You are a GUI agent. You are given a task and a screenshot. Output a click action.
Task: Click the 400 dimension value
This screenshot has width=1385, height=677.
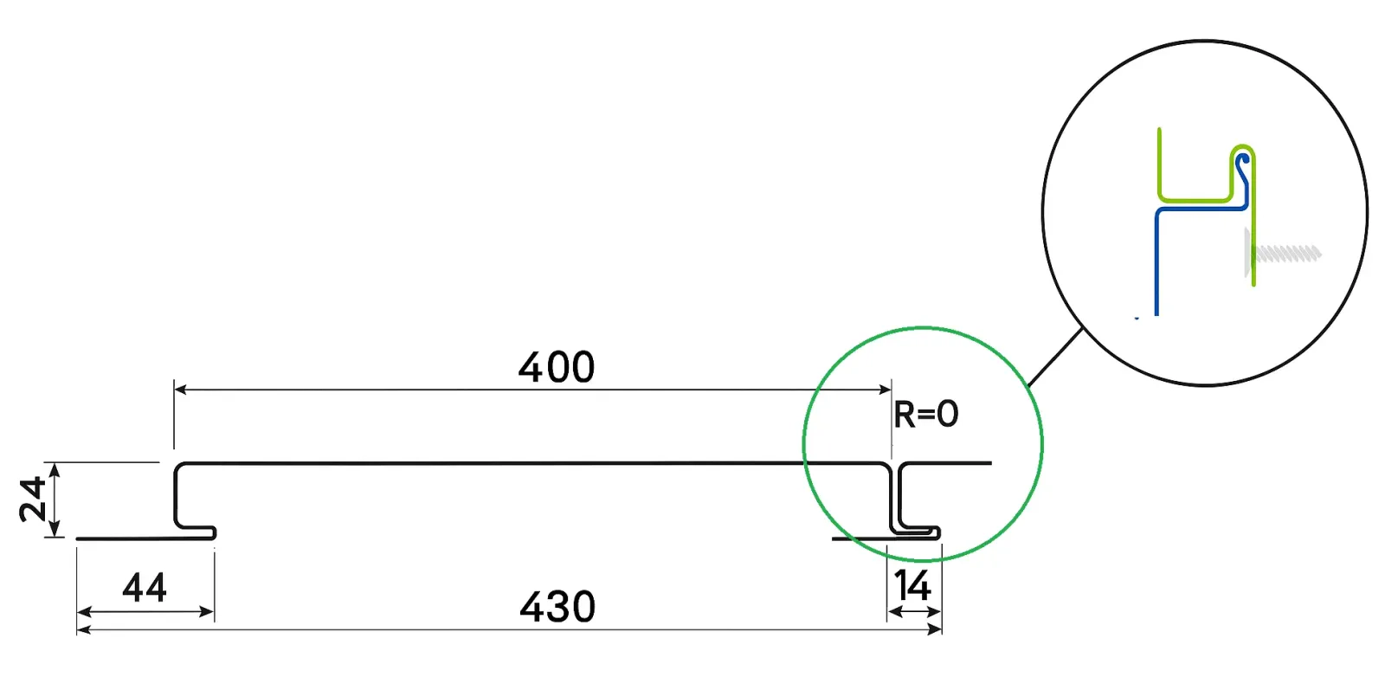[x=557, y=367]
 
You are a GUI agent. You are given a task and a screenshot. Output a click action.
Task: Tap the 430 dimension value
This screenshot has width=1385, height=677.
[x=557, y=607]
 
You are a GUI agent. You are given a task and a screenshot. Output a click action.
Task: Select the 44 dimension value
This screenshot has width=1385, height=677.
[x=145, y=587]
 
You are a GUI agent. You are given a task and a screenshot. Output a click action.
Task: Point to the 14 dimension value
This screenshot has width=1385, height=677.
[x=912, y=585]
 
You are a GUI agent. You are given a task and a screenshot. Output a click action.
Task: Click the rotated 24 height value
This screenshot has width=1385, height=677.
[x=33, y=500]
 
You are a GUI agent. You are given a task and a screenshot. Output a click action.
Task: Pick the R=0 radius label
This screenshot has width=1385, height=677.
[x=925, y=414]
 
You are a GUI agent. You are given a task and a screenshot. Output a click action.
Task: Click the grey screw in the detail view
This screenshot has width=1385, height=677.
[x=1283, y=253]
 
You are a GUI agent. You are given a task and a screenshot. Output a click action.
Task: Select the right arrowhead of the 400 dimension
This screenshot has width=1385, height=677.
[x=885, y=390]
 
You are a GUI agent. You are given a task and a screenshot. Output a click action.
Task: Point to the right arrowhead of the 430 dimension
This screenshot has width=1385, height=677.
[x=935, y=629]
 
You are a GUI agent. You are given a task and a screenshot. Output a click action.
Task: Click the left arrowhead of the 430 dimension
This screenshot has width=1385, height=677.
[x=83, y=629]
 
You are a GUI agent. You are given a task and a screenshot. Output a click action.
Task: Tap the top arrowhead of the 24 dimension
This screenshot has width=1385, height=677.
[x=55, y=470]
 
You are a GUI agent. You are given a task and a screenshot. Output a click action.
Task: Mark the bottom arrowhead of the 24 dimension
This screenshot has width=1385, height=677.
[x=55, y=530]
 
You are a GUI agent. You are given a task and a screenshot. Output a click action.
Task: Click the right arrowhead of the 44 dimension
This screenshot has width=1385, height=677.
[x=207, y=612]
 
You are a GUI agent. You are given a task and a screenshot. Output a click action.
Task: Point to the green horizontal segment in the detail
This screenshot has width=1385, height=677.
[x=1195, y=200]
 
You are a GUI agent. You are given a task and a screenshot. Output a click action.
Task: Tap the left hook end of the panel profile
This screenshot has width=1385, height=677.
[x=211, y=532]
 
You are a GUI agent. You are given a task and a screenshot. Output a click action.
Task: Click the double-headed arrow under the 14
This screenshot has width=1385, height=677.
[x=914, y=612]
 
